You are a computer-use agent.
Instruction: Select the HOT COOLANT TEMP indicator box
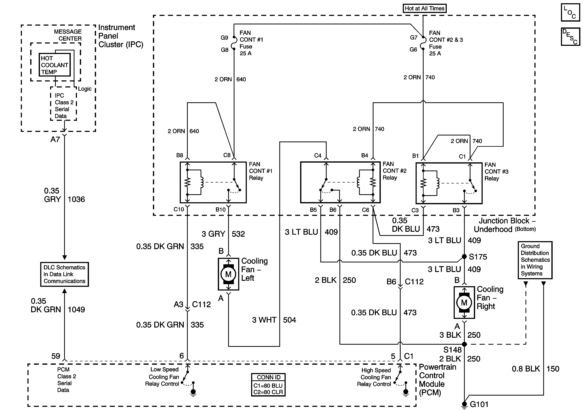[x=55, y=65]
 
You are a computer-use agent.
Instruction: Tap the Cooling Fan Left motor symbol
[x=228, y=274]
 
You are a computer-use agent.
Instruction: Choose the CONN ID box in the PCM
[x=268, y=385]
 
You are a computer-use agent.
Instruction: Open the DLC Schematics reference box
[x=64, y=274]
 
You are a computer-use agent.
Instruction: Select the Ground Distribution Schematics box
[x=535, y=260]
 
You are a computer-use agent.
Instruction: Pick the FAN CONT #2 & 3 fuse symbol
[x=423, y=44]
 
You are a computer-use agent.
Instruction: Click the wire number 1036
[x=76, y=199]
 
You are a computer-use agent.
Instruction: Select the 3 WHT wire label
[x=264, y=320]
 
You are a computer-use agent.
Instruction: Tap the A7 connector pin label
[x=55, y=139]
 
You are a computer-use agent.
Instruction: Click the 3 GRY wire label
[x=213, y=234]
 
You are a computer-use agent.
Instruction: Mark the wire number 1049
[x=76, y=310]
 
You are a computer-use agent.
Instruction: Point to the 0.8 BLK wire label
[x=526, y=369]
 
